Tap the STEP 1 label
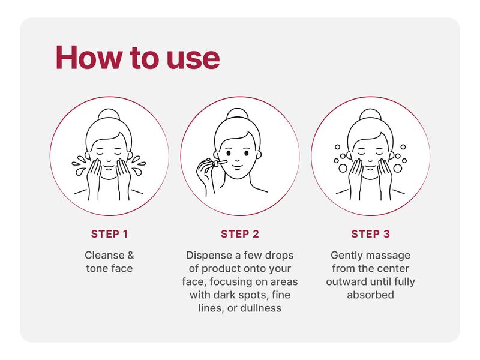[109, 233]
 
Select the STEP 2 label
[239, 233]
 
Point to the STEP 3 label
[370, 233]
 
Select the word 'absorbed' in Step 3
[370, 295]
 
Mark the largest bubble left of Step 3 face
[342, 169]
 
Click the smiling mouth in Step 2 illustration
[238, 163]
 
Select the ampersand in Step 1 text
[129, 255]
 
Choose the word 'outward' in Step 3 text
[345, 281]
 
